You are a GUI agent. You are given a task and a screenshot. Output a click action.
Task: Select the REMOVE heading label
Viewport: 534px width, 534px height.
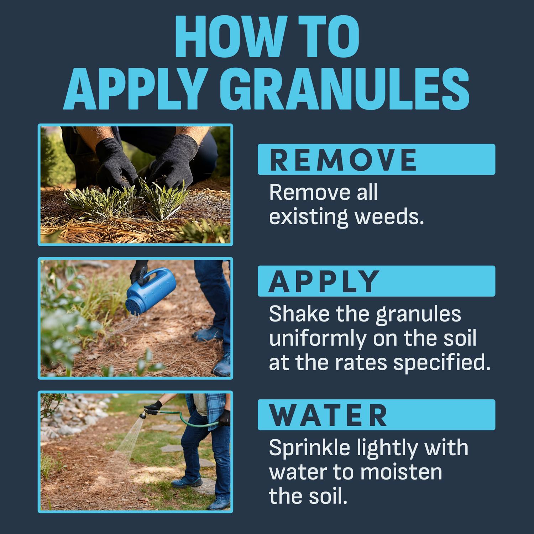point(343,159)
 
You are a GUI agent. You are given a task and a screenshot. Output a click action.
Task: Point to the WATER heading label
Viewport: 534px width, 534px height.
point(328,415)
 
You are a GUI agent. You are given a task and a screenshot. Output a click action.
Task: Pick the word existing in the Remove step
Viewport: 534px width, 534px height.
point(308,216)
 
